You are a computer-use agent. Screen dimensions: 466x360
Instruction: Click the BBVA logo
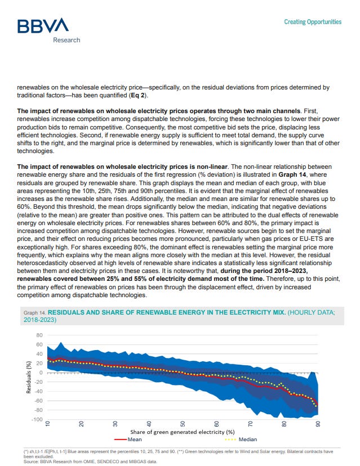point(42,25)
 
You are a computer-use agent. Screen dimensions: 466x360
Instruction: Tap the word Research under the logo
point(66,40)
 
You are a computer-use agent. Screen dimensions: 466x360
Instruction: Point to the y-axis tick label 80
point(39,335)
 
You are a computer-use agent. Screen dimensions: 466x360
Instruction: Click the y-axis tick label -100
point(36,419)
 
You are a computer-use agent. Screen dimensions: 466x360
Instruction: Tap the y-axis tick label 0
point(41,373)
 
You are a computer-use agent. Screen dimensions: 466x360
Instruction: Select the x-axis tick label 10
point(48,424)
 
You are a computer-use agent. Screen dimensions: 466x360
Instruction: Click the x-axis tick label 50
point(183,424)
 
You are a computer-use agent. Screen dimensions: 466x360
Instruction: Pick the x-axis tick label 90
point(318,424)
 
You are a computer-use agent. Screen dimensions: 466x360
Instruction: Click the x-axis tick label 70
point(251,424)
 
